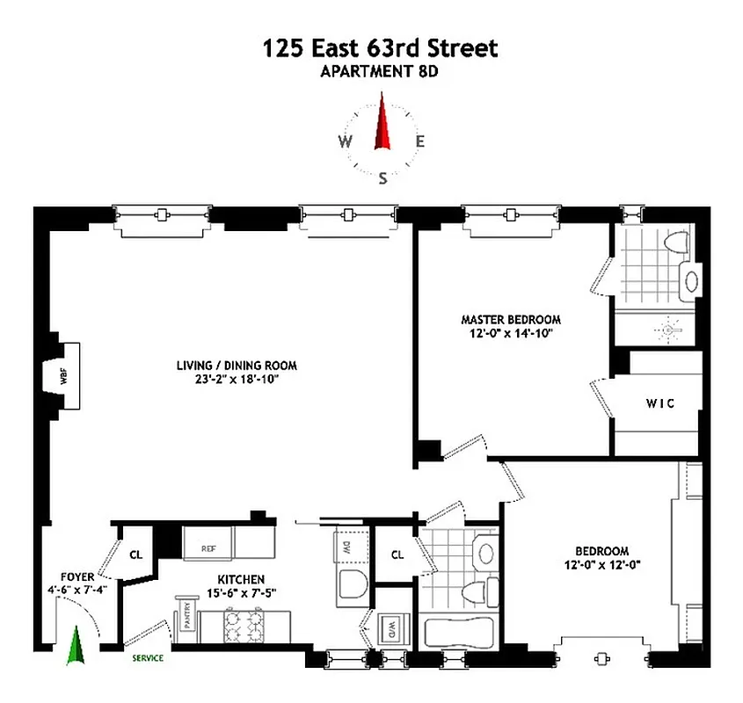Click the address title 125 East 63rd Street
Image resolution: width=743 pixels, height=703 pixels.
[380, 48]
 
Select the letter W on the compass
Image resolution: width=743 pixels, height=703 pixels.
[346, 142]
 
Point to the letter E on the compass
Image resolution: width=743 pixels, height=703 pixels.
[420, 141]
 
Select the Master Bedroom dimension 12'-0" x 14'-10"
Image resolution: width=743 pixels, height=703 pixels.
[511, 334]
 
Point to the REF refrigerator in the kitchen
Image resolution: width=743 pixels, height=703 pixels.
[208, 548]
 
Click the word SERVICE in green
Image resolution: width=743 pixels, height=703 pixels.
[148, 657]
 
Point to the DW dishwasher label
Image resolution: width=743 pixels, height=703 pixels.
[343, 547]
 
